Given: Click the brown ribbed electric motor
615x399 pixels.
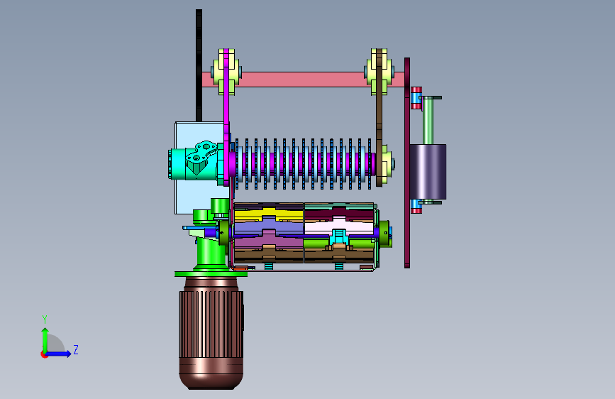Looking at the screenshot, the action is tap(211, 333).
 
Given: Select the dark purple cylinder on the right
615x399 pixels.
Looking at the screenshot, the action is tap(428, 172).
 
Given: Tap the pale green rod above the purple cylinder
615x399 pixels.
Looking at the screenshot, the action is tap(428, 120).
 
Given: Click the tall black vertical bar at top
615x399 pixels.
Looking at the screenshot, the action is tap(199, 65).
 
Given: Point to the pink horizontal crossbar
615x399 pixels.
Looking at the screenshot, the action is tap(303, 80).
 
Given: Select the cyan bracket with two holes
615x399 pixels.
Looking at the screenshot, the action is tap(201, 157).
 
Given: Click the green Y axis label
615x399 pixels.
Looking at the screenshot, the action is tap(45, 319).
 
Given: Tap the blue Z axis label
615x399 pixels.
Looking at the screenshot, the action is tap(76, 349).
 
